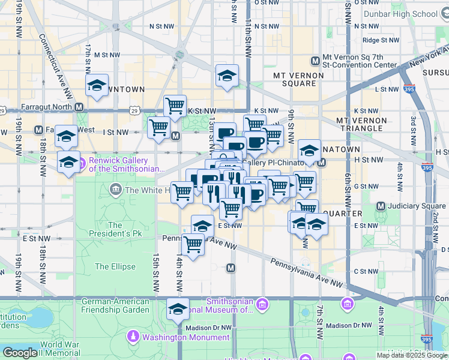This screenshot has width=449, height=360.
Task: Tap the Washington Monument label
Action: point(185,337)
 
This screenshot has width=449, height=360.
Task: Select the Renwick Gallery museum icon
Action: point(82,161)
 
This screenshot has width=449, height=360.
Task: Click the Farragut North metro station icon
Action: point(79,107)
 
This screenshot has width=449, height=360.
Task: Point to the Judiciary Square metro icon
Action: point(380,206)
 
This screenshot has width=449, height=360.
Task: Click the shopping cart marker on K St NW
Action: point(175,106)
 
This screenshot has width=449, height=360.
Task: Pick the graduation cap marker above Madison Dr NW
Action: point(178,309)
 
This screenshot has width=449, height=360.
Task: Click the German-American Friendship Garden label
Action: point(115,305)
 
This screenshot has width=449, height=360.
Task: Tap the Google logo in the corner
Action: point(20,353)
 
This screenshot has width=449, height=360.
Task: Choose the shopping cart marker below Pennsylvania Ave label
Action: point(193,245)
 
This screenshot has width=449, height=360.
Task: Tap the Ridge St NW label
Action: point(379,40)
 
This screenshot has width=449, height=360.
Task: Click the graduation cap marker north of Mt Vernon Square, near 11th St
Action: point(227,76)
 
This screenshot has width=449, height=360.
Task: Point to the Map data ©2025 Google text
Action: point(411,355)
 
